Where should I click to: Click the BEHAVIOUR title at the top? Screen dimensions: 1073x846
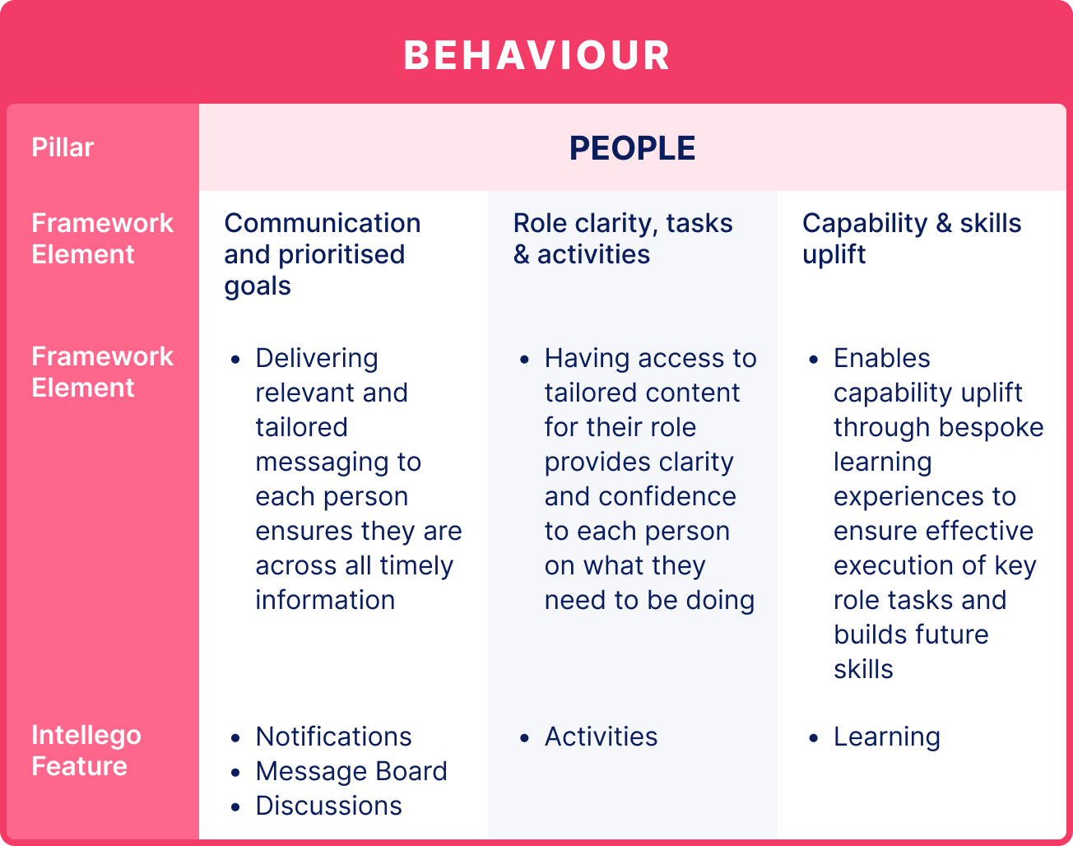pyautogui.click(x=536, y=55)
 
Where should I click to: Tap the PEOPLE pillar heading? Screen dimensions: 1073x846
pyautogui.click(x=632, y=148)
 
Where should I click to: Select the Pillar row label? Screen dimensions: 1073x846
pyautogui.click(x=63, y=147)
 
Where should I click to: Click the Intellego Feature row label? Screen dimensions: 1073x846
pyautogui.click(x=86, y=751)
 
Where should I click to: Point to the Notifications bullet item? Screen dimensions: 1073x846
pyautogui.click(x=333, y=737)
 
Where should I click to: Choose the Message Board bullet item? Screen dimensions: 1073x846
pyautogui.click(x=351, y=771)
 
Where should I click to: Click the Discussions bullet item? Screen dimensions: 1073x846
pyautogui.click(x=328, y=806)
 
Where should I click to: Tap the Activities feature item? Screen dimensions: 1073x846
pyautogui.click(x=601, y=737)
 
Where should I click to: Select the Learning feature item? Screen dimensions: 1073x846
pyautogui.click(x=886, y=737)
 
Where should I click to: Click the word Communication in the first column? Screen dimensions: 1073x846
pyautogui.click(x=322, y=223)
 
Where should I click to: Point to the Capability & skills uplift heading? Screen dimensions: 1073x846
pyautogui.click(x=912, y=239)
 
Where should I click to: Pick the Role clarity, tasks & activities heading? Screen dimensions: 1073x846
pyautogui.click(x=623, y=239)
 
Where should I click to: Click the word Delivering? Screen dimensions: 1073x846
pyautogui.click(x=317, y=359)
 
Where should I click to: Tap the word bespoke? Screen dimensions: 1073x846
pyautogui.click(x=992, y=427)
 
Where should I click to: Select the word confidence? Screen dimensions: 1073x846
pyautogui.click(x=667, y=496)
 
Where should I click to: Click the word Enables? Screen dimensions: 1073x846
pyautogui.click(x=881, y=358)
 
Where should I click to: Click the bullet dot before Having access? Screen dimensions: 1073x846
pyautogui.click(x=524, y=360)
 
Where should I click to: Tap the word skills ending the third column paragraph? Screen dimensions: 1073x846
pyautogui.click(x=863, y=669)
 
